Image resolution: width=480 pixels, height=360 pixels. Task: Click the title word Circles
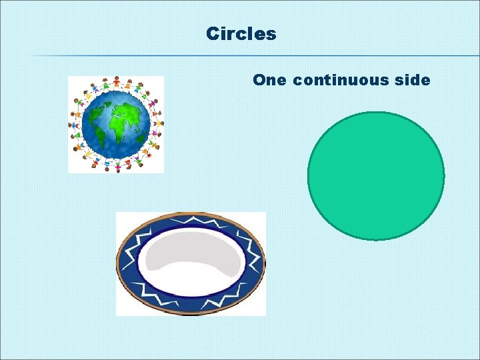pyautogui.click(x=241, y=33)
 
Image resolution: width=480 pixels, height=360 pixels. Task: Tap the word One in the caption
pyautogui.click(x=270, y=81)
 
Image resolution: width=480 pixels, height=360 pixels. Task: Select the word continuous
pyautogui.click(x=339, y=81)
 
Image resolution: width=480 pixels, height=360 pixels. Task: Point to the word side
pyautogui.click(x=412, y=81)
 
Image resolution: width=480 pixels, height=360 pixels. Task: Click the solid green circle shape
pyautogui.click(x=375, y=175)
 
